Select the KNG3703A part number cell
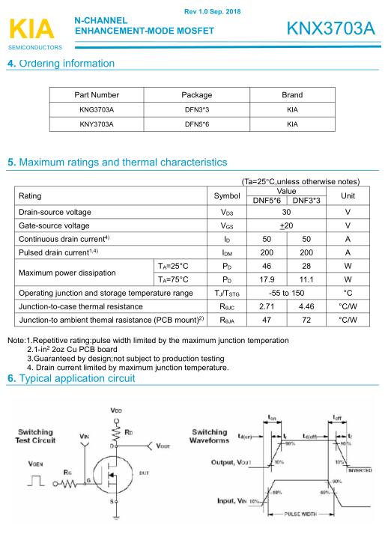[x=97, y=109]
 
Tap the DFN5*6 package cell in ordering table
[x=197, y=124]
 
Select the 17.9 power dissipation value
[x=267, y=279]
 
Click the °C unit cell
[x=348, y=293]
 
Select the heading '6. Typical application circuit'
[x=71, y=379]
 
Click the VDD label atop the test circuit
[x=115, y=410]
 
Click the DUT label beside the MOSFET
[x=142, y=473]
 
